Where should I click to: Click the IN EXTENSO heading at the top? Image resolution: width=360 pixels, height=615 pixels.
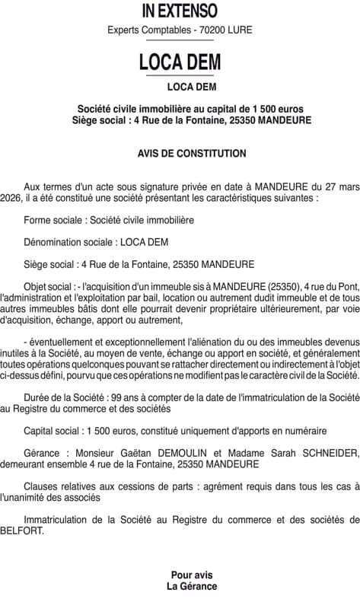click(180, 11)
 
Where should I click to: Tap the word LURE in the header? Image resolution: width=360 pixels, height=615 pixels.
click(238, 30)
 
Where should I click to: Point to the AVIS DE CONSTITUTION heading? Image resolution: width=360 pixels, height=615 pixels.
click(192, 153)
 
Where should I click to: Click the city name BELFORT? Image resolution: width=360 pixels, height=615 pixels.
click(22, 531)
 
